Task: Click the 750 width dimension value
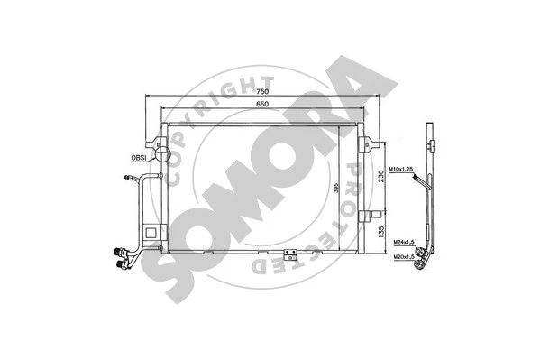(262, 92)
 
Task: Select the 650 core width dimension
(262, 106)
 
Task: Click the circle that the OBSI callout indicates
(162, 154)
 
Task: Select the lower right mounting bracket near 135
(369, 214)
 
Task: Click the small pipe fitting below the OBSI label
(124, 180)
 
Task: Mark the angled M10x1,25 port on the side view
(420, 181)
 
